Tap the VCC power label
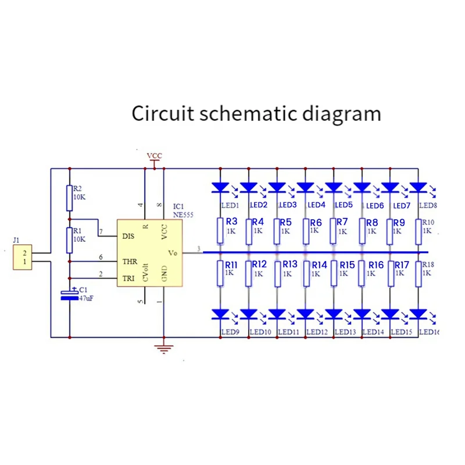pyautogui.click(x=154, y=156)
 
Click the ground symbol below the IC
pyautogui.click(x=164, y=349)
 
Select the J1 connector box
pyautogui.click(x=23, y=257)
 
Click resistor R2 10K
pyautogui.click(x=69, y=198)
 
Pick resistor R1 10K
pyautogui.click(x=69, y=239)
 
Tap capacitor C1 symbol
pyautogui.click(x=70, y=295)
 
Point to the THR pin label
pyautogui.click(x=129, y=262)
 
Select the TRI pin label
pyautogui.click(x=128, y=279)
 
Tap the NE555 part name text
pyautogui.click(x=183, y=214)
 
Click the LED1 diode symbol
pyautogui.click(x=220, y=187)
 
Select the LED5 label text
pyautogui.click(x=344, y=205)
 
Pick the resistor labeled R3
pyautogui.click(x=220, y=231)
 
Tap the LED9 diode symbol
pyautogui.click(x=220, y=314)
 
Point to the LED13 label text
pyautogui.click(x=345, y=332)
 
